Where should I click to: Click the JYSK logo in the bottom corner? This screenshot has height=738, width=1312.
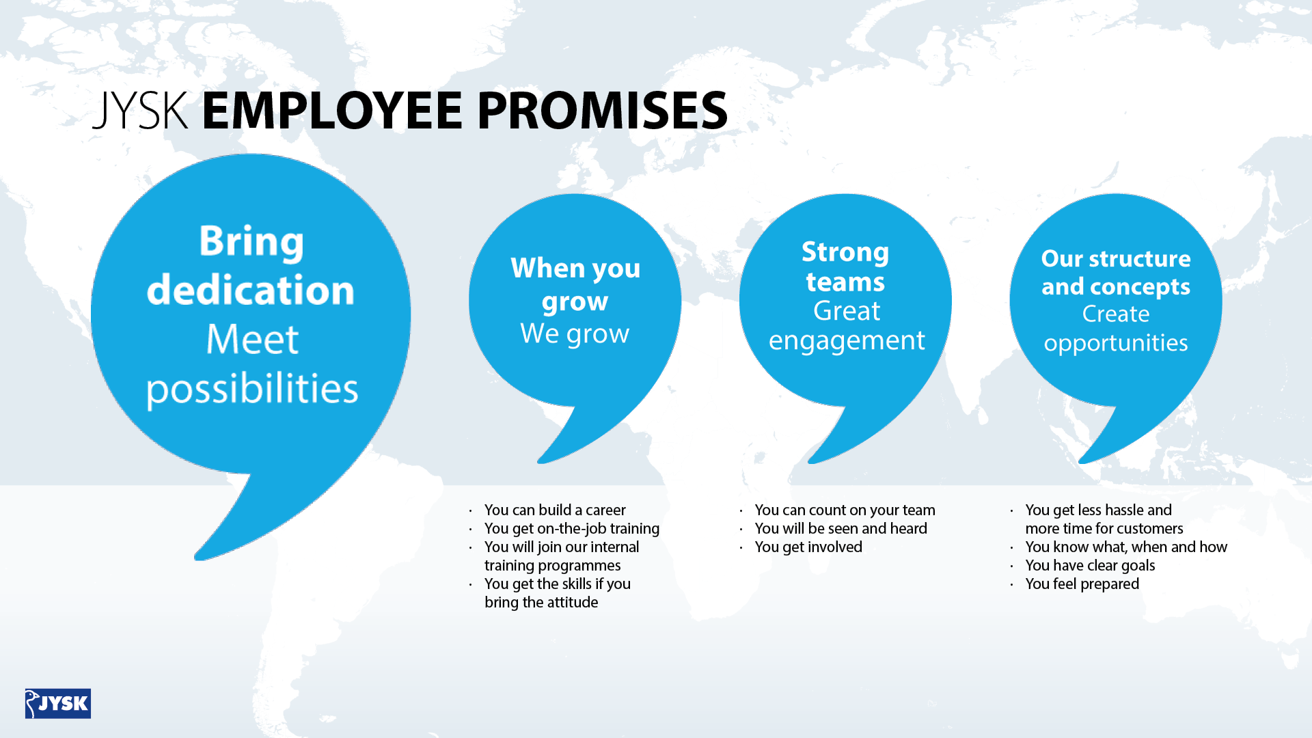pos(58,703)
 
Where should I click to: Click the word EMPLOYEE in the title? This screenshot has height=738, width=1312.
pos(332,111)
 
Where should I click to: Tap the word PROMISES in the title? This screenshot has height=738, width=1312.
pos(602,111)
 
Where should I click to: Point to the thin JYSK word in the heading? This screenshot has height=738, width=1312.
pos(140,111)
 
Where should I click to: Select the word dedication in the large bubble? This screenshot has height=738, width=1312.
pos(251,289)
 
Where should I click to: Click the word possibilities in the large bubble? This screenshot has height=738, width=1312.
pos(252,389)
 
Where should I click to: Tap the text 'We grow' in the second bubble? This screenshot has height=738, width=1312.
pos(575,333)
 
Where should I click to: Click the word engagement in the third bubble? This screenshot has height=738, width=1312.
pos(847,341)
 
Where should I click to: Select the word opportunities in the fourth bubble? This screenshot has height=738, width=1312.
pos(1116,343)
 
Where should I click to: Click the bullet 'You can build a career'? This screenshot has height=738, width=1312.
pos(555,510)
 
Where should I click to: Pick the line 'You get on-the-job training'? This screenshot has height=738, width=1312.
pos(572,528)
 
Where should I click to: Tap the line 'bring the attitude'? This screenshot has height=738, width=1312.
pos(541,602)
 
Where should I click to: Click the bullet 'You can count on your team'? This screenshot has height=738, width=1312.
pos(845,510)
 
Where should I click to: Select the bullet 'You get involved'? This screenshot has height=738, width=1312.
pos(808,547)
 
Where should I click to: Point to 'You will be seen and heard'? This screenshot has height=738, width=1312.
pos(840,528)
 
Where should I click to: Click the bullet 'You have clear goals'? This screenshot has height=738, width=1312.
pos(1090,565)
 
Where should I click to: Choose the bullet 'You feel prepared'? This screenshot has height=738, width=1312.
pos(1082,584)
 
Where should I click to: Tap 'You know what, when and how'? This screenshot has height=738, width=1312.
pos(1126,547)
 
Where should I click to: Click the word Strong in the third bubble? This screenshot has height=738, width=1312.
pos(845,252)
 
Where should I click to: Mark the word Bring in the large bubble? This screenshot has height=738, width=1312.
pos(251,241)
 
